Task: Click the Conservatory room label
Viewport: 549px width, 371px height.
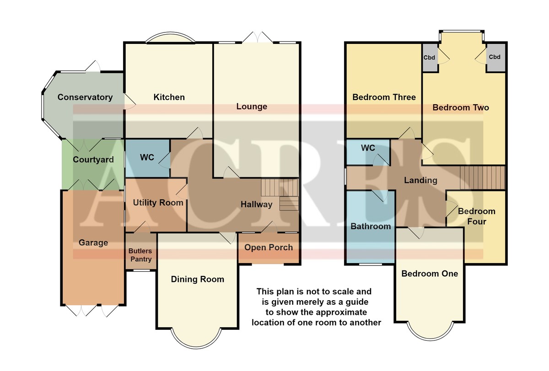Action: tap(85, 97)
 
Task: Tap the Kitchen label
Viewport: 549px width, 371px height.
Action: tap(169, 97)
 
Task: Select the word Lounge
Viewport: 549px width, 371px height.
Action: tap(252, 106)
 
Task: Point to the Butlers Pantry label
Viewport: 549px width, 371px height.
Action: tap(140, 255)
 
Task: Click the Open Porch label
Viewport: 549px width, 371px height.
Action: tap(269, 248)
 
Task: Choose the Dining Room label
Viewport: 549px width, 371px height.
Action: tap(198, 279)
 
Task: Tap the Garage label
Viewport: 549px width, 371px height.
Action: tap(93, 243)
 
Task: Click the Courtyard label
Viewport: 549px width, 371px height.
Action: tap(93, 159)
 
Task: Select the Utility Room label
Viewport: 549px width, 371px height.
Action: tap(158, 202)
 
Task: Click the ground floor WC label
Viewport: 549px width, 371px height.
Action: tap(147, 157)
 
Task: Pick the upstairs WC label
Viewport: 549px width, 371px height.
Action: tap(368, 148)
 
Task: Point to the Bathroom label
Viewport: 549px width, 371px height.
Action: tap(371, 226)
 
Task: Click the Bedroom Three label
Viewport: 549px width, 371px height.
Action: tap(384, 97)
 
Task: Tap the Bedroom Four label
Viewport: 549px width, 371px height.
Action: tap(477, 216)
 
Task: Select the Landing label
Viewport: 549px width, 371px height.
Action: tap(420, 180)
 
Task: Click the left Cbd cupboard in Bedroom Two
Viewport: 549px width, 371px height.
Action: tap(430, 58)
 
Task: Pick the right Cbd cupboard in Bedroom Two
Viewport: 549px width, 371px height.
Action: tap(495, 58)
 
